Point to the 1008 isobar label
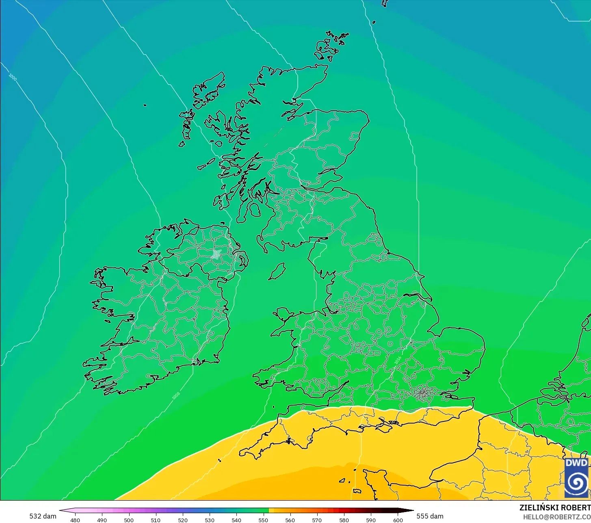[x=176, y=395]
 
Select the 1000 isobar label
[x=13, y=78]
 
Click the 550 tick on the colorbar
[x=263, y=520]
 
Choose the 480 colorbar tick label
[x=75, y=520]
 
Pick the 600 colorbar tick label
[x=398, y=520]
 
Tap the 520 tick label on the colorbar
[x=183, y=520]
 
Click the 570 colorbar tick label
[x=317, y=520]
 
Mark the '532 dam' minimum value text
[x=43, y=516]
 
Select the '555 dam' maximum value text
[x=430, y=516]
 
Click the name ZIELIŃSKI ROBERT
[x=555, y=508]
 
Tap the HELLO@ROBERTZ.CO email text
[x=556, y=516]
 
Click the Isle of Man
[x=277, y=271]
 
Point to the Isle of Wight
[x=388, y=425]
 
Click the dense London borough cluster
[x=424, y=392]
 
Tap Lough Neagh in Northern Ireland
[x=216, y=254]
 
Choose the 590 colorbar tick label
[x=371, y=520]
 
